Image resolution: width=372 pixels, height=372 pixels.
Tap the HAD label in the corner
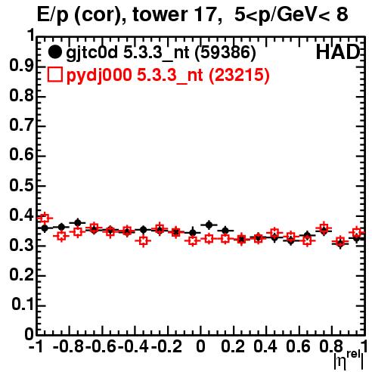(x=338, y=52)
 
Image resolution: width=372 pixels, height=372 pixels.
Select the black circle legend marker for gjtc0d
(x=55, y=52)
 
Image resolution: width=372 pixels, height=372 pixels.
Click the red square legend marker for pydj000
(x=55, y=75)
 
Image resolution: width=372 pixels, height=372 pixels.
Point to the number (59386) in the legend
(x=225, y=52)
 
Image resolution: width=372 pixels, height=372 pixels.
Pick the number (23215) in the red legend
(x=239, y=75)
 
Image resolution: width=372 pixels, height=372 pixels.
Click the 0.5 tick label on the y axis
(x=21, y=185)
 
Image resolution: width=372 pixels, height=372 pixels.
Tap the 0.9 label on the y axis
(x=21, y=66)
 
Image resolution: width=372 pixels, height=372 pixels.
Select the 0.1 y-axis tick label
(x=23, y=305)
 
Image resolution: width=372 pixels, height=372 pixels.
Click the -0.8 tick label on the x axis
(x=68, y=346)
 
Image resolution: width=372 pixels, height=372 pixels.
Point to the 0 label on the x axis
(x=200, y=346)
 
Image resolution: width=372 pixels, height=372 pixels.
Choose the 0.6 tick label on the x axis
(x=298, y=346)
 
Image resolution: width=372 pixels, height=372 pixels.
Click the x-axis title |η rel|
(x=349, y=361)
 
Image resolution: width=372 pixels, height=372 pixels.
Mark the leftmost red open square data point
(x=45, y=219)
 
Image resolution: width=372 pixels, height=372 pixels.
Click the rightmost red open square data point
(x=357, y=232)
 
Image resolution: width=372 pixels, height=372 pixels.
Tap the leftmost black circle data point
(x=45, y=228)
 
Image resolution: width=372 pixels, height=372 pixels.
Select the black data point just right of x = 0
(x=209, y=225)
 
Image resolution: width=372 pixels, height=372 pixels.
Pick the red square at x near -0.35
(x=144, y=241)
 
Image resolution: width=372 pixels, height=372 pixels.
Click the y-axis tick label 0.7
(x=21, y=126)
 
